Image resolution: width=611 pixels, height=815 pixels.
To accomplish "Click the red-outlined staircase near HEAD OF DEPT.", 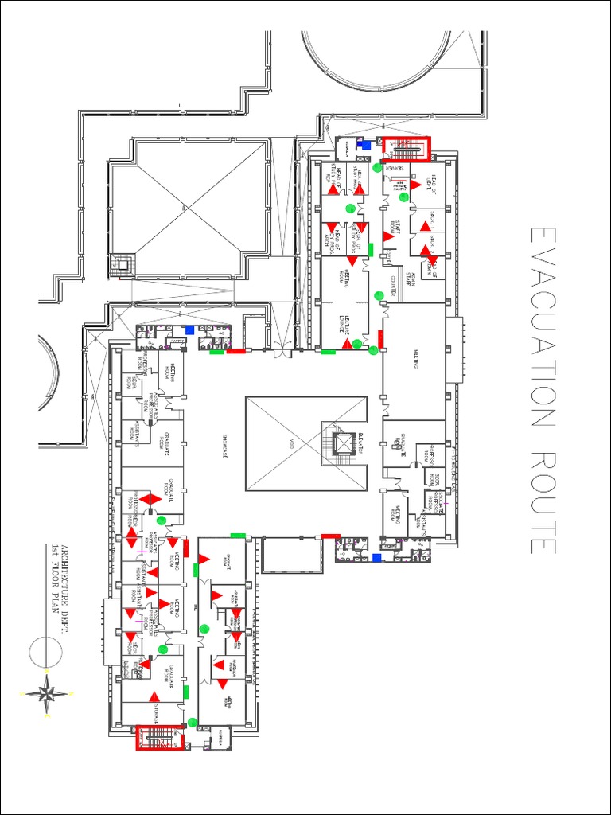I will coord(407,147).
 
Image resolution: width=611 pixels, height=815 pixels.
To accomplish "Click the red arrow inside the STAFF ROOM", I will coord(388,236).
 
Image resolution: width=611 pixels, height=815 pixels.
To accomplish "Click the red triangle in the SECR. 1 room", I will coord(426,228).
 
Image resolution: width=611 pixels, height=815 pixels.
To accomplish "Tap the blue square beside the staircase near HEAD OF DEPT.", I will coord(367,146).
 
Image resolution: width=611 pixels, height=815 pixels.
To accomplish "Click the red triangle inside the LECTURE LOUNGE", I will coord(348,343).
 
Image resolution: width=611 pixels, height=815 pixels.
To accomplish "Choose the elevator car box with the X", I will coord(344,443).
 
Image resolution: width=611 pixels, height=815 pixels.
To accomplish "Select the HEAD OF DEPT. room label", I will coord(434,185).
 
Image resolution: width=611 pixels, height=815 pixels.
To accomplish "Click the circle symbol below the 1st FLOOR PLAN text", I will coord(46,651).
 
